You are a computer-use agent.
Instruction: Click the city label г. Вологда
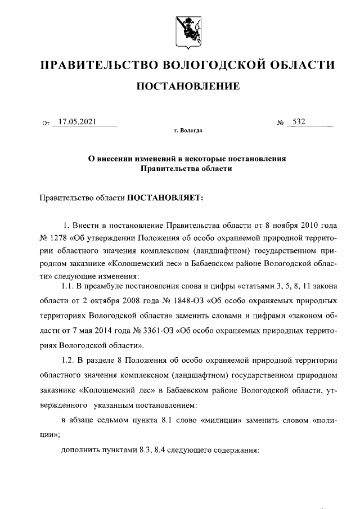click(188, 132)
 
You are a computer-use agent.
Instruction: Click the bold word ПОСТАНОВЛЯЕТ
click(160, 198)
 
